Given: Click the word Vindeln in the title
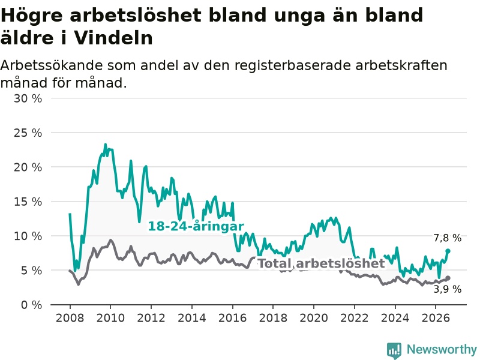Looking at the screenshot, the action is tap(113, 38).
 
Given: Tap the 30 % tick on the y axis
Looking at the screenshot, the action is tap(28, 98).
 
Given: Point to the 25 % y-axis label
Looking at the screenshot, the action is tap(28, 133).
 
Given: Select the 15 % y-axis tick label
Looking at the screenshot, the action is tap(28, 202).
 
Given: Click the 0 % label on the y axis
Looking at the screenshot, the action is tap(32, 305).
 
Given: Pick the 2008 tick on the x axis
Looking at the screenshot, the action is tap(70, 318).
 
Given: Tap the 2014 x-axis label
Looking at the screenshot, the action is tap(191, 318).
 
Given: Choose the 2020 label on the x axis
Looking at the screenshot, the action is tap(313, 318).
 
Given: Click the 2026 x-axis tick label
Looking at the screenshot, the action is tap(436, 318).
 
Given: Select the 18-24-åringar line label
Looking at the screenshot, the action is tap(196, 227).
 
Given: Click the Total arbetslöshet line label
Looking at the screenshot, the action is tap(322, 263).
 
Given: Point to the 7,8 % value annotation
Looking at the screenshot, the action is tap(447, 238).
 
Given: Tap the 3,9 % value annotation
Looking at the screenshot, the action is tap(447, 289).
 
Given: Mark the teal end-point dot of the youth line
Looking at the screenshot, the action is tap(448, 251).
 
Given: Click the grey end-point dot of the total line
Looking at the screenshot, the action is tap(448, 278).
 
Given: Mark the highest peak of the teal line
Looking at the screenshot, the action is tap(106, 144).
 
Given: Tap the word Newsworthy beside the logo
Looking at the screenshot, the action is tap(442, 349).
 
